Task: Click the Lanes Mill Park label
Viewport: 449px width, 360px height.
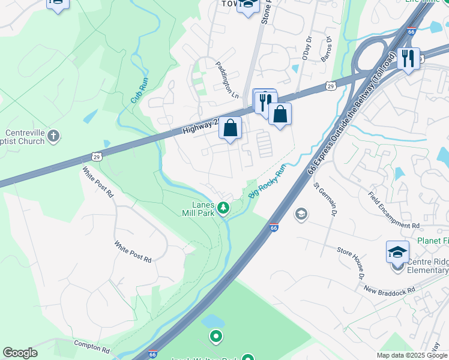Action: coord(199,208)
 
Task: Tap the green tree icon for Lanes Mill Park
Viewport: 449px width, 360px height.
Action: coord(223,208)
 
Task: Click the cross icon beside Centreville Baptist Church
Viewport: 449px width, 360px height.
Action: coord(53,137)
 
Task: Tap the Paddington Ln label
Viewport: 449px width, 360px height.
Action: coord(227,79)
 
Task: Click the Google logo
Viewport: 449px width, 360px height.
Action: coord(20,352)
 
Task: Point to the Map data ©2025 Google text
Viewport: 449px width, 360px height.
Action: coord(412,355)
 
